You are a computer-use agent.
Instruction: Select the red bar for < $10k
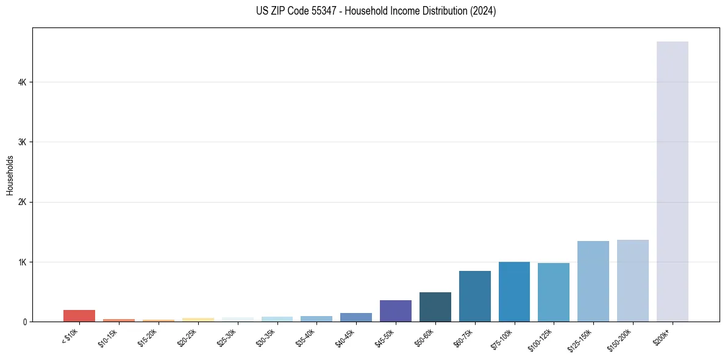(79, 315)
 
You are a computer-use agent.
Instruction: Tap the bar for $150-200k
(632, 281)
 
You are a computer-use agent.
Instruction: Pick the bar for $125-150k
(593, 281)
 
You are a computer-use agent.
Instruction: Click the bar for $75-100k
(514, 292)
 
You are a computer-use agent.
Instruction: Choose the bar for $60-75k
(474, 296)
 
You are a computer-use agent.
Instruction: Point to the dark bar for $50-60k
(435, 307)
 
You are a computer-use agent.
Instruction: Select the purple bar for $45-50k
(395, 311)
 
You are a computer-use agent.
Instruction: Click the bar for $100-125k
(553, 292)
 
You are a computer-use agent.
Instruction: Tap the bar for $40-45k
(355, 317)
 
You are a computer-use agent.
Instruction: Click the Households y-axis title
(10, 175)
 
